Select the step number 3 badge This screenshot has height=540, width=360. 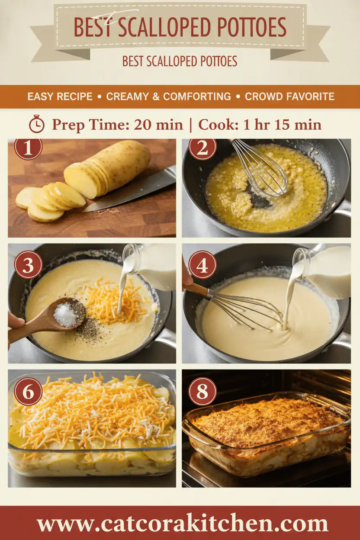[28, 264]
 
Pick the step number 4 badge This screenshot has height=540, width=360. [202, 264]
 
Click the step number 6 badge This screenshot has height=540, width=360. [28, 392]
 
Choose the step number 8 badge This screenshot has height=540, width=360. [202, 392]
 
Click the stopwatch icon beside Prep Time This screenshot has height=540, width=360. [37, 125]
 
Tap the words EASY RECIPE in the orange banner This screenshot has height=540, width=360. [60, 96]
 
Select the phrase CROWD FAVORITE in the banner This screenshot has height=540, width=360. [289, 96]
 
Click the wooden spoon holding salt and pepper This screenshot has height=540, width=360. [56, 317]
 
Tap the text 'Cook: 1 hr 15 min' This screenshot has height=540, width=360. [260, 125]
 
